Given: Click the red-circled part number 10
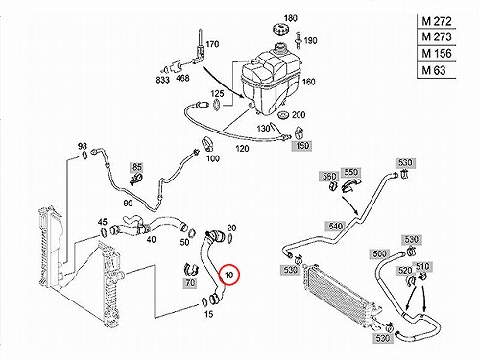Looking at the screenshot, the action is (x=229, y=275).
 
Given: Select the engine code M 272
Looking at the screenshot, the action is (x=437, y=21).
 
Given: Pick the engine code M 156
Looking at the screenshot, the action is (x=437, y=53).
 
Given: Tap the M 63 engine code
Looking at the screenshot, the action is (x=434, y=70).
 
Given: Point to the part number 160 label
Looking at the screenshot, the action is (x=308, y=82).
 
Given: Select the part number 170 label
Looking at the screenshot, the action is (x=212, y=44).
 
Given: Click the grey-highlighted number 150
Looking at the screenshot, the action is (x=301, y=146).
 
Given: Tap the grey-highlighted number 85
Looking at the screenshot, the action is (x=137, y=167).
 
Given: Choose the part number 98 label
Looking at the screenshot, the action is (x=83, y=146).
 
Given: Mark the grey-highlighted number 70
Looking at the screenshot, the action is (x=190, y=283).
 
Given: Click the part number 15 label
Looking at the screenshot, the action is (x=208, y=314).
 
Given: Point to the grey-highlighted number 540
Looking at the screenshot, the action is (x=335, y=227).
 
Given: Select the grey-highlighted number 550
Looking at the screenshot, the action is (x=350, y=172).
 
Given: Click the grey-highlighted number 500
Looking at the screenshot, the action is (x=379, y=254).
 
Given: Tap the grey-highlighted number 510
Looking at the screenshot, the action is (x=422, y=266).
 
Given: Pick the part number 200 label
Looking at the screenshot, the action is (x=299, y=114).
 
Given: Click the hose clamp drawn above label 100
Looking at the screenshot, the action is (x=207, y=145).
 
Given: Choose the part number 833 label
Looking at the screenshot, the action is (x=162, y=80).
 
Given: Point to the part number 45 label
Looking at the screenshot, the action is (x=103, y=222).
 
